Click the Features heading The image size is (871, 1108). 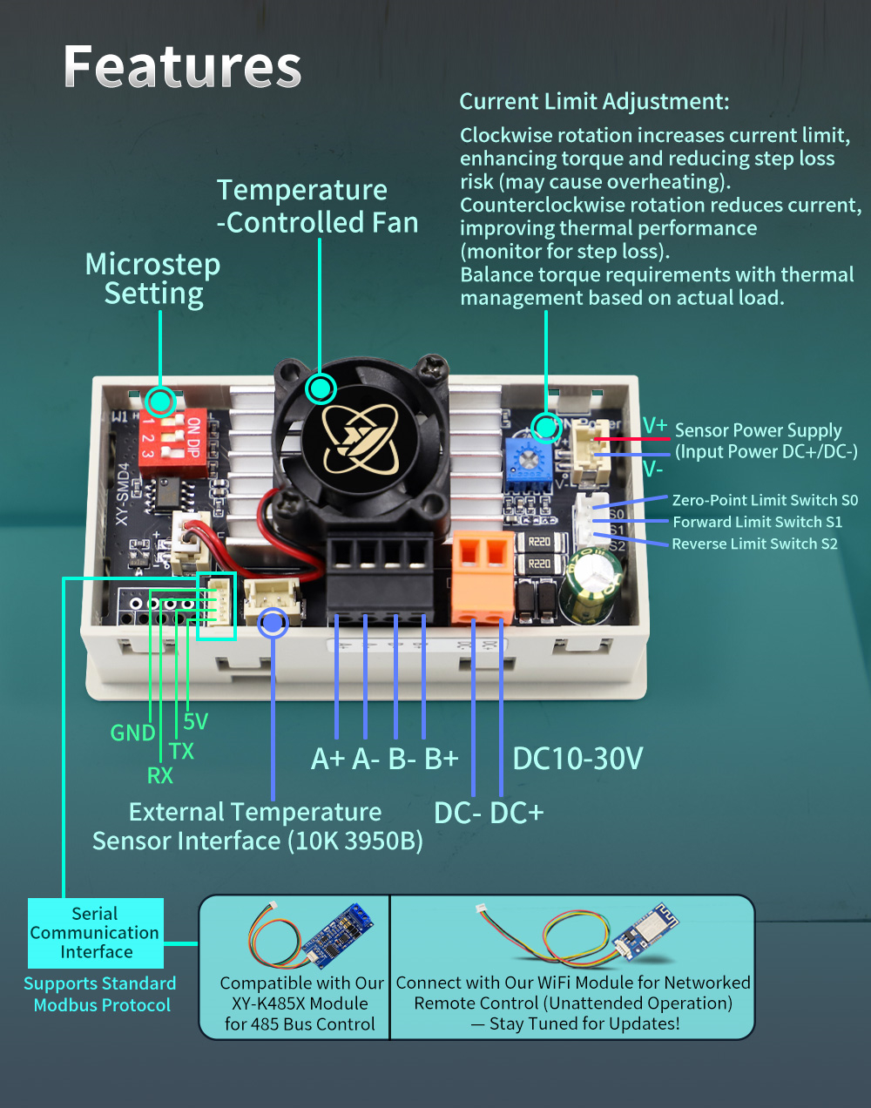[x=182, y=67]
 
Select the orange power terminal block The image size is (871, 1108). [x=482, y=577]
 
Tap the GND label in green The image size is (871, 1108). [x=132, y=733]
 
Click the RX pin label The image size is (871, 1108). [x=159, y=775]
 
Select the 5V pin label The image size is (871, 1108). [x=196, y=721]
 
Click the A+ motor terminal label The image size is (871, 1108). [x=328, y=759]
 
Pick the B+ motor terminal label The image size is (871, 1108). [x=442, y=759]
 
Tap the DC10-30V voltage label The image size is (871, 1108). [x=577, y=759]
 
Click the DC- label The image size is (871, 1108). [x=457, y=813]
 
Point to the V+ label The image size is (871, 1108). [x=655, y=426]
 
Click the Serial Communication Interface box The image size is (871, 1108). [x=96, y=933]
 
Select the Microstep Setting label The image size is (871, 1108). [x=153, y=279]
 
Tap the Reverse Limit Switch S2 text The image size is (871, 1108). [x=754, y=544]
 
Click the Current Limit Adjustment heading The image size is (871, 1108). [x=594, y=102]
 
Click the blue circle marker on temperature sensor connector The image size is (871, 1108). [x=273, y=622]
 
